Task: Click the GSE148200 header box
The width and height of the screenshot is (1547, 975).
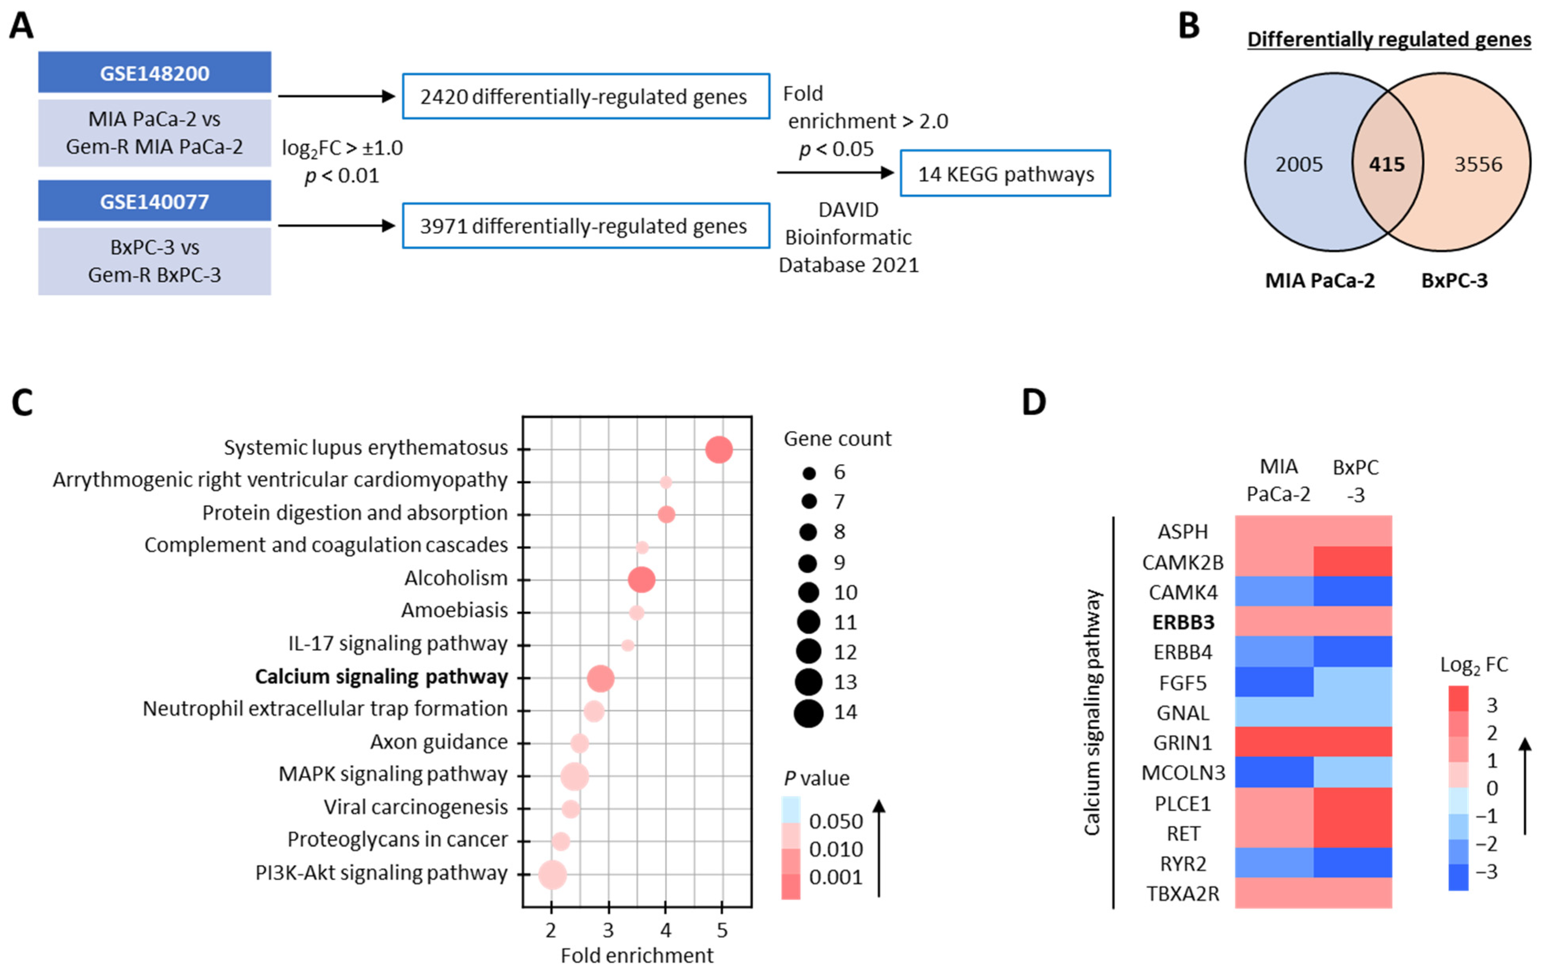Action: [x=154, y=73]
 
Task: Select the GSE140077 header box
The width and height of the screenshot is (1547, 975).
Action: [x=154, y=201]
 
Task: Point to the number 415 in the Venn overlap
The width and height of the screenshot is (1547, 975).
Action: [x=1386, y=165]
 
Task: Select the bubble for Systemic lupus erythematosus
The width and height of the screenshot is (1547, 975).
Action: [x=718, y=450]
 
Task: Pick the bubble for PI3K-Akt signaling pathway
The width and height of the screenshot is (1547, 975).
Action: [x=553, y=875]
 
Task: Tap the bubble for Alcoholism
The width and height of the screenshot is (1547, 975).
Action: [x=641, y=580]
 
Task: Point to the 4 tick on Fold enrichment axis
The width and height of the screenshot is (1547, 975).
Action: [x=665, y=930]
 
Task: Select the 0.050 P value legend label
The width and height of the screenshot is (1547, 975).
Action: [x=835, y=821]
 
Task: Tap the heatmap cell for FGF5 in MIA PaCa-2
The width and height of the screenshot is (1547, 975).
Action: [x=1274, y=682]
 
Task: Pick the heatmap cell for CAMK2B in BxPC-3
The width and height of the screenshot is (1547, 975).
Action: [x=1352, y=561]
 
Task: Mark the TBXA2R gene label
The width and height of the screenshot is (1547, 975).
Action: [x=1183, y=893]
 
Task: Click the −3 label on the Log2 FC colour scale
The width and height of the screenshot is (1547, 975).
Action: [x=1486, y=872]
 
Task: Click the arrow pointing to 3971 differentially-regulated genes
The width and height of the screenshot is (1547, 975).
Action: [x=336, y=225]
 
